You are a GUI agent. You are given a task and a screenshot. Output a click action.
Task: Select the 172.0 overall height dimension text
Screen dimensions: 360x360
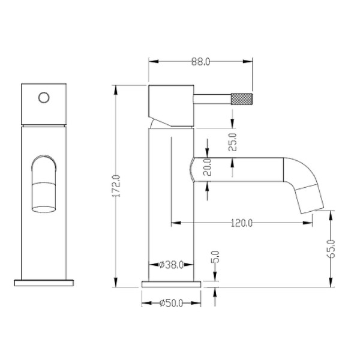118,187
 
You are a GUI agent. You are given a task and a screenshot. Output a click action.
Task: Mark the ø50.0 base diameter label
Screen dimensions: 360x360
170,304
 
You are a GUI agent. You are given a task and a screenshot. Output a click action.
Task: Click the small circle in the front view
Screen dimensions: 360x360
44,97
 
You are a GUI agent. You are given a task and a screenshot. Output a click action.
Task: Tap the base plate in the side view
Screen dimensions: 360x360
170,283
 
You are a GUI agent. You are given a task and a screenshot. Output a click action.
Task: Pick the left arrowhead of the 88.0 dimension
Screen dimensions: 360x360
151,61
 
